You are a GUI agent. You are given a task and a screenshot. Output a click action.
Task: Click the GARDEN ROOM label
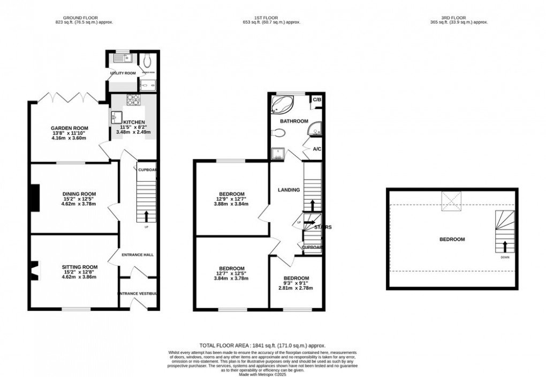coord(69,128)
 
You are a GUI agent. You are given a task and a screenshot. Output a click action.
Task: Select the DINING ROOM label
coord(79,194)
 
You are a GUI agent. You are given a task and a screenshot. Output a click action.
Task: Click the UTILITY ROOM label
coord(123,73)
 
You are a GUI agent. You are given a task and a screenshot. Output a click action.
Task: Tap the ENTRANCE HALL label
coord(138,255)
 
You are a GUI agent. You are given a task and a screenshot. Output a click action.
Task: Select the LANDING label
coord(289,190)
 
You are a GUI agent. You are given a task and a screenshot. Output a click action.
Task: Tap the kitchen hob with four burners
coord(133,99)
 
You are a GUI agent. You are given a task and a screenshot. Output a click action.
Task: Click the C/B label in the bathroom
coord(317,100)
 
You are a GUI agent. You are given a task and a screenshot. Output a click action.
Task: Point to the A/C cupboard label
coord(317,149)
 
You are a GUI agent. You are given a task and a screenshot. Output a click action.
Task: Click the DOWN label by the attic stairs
coord(505,257)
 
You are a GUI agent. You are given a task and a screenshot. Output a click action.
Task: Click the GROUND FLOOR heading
coord(82,17)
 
